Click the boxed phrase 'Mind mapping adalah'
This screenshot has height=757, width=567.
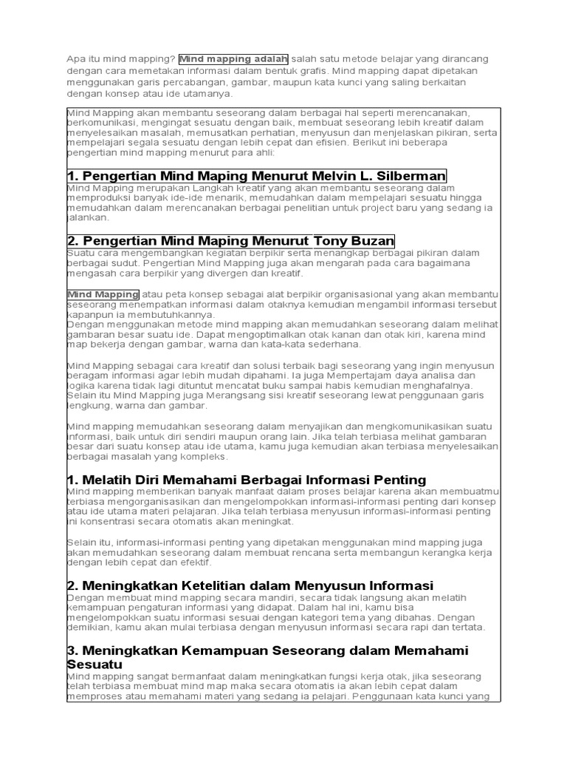(x=233, y=58)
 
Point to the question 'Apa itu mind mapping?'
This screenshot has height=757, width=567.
(x=121, y=58)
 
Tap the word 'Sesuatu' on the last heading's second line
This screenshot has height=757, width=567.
(x=94, y=664)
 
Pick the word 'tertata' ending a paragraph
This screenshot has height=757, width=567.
(x=466, y=627)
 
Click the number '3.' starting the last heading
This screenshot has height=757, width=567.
(x=73, y=651)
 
